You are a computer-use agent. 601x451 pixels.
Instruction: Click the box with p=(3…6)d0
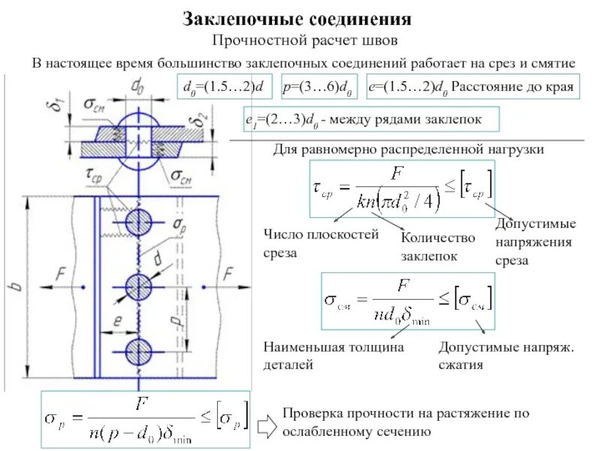coord(319,88)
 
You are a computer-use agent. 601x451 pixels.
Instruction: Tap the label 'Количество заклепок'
coord(438,247)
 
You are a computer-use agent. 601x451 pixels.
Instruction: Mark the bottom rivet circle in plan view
coord(138,350)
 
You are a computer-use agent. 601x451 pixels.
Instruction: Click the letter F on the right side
coord(230,272)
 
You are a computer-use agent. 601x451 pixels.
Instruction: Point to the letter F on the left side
coord(61,272)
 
